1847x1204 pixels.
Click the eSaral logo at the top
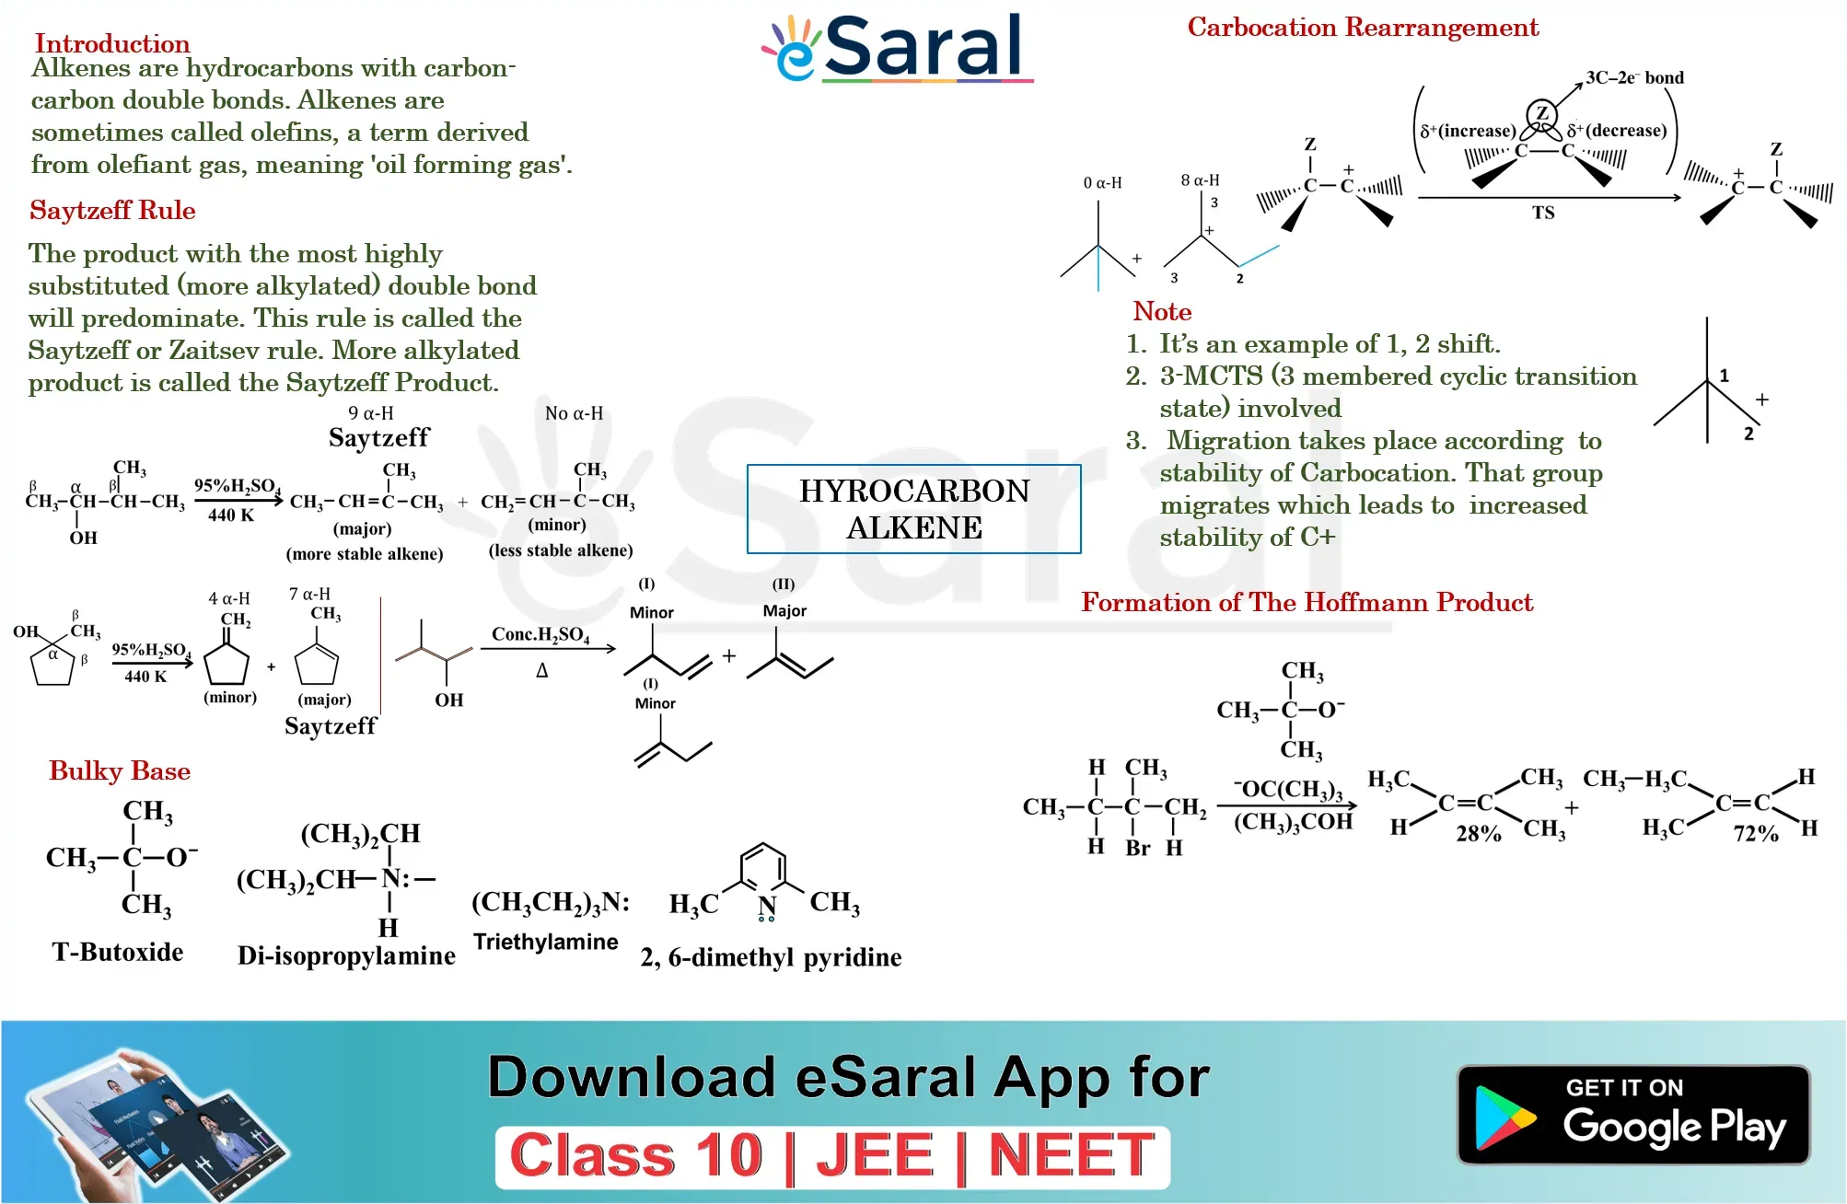pos(897,48)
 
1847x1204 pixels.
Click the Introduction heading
pos(112,43)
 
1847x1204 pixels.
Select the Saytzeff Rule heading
pos(112,211)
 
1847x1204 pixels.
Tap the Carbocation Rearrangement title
pos(1363,28)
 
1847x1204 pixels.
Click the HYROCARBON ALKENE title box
pos(914,509)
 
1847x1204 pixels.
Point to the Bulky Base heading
pos(120,770)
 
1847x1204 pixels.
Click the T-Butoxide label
pos(118,952)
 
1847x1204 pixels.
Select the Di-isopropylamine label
pos(346,955)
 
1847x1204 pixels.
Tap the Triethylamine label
pos(545,942)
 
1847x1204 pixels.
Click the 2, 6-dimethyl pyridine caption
pos(771,957)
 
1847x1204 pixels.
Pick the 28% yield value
pos(1479,834)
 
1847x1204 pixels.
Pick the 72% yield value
pos(1756,834)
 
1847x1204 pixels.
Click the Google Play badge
pos(1633,1115)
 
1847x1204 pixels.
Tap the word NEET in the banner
pos(1071,1155)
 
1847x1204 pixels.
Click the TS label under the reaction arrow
pos(1543,213)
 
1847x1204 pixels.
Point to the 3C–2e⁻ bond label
pos(1634,78)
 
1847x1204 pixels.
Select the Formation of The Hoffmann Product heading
pos(1307,602)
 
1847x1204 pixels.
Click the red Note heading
pos(1162,311)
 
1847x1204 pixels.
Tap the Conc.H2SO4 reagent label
pos(540,634)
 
